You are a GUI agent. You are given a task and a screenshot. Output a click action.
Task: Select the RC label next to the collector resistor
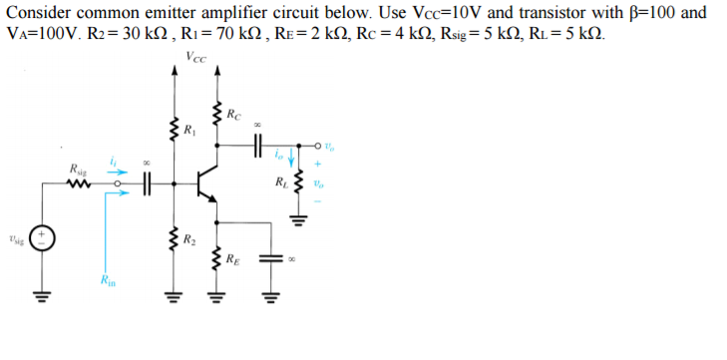click(232, 111)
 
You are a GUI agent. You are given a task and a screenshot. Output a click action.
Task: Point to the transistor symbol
click(207, 183)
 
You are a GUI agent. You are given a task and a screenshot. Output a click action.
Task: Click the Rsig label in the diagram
click(78, 168)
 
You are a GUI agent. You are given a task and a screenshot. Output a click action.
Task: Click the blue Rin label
click(109, 282)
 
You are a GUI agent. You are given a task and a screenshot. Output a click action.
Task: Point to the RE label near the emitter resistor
click(232, 260)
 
